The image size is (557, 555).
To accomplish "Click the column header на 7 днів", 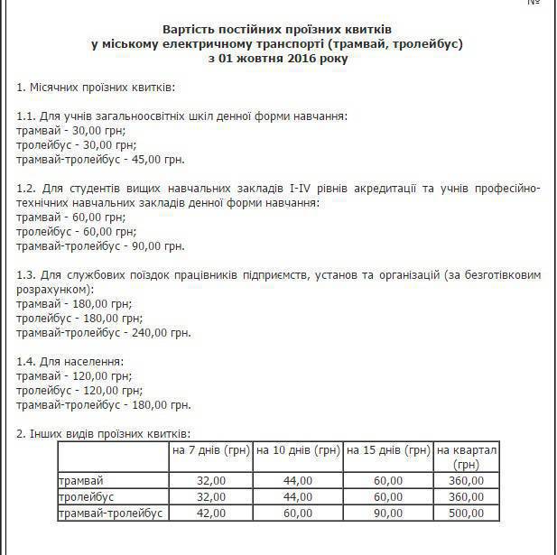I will point(210,449).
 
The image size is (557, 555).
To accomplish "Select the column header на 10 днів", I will point(297,449).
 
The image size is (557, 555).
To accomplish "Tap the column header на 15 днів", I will point(387,449).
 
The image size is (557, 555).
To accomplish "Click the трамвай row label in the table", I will point(80,481).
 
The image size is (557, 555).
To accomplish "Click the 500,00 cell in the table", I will point(466,512).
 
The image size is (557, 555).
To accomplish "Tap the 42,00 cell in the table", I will point(209,512).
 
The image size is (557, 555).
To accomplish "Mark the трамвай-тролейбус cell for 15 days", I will point(387,512).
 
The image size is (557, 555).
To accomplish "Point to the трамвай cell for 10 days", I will point(297,481).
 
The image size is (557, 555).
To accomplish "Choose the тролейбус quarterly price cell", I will point(466,496).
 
